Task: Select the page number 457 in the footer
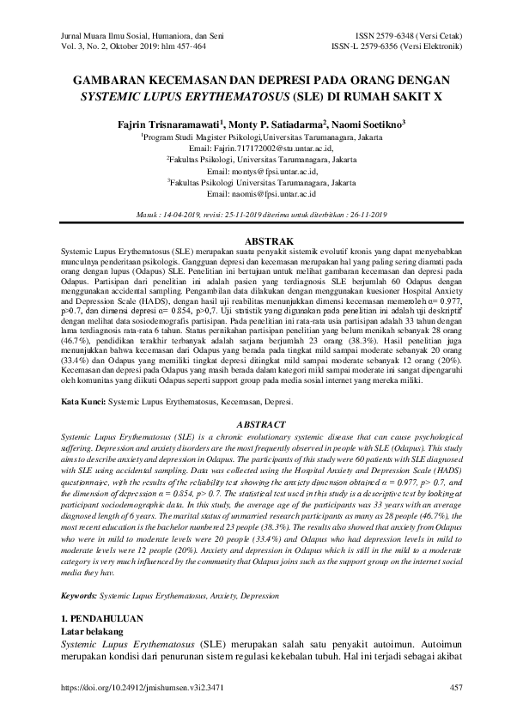tap(456, 711)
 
